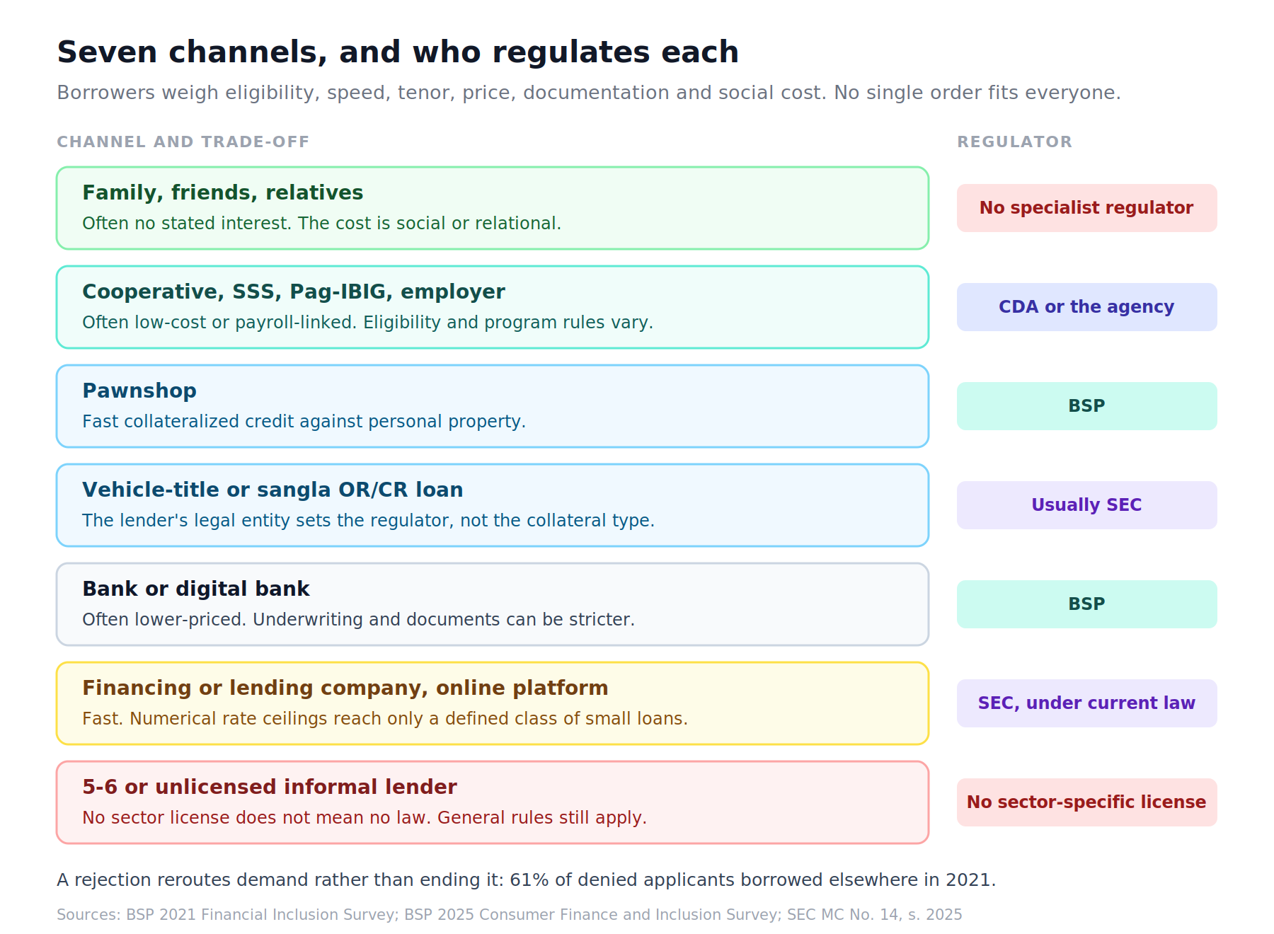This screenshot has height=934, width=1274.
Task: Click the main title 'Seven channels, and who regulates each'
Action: [398, 52]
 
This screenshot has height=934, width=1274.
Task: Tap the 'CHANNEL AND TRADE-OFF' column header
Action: [183, 142]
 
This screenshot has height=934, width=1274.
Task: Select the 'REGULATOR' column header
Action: [1014, 142]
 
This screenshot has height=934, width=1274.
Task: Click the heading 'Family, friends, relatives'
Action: [222, 193]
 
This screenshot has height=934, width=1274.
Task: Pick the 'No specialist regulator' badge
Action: [1086, 208]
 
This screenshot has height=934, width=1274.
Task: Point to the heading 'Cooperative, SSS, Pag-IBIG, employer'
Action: [294, 292]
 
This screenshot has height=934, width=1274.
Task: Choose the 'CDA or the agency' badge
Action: [1086, 307]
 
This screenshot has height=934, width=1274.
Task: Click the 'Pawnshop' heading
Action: [139, 391]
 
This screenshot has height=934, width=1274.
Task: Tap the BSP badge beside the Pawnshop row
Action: [1086, 406]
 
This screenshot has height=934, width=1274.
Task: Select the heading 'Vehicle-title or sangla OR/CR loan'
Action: [272, 490]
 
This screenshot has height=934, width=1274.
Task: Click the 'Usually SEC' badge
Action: [1086, 505]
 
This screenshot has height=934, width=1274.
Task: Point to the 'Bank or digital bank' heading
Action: [196, 589]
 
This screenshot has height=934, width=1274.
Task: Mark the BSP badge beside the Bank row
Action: [1086, 604]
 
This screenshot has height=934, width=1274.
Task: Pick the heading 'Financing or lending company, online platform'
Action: [345, 688]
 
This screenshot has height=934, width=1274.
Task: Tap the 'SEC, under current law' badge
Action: [1086, 703]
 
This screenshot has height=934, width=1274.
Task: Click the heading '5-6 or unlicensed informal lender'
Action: [270, 787]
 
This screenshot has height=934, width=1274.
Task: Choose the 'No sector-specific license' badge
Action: [1086, 802]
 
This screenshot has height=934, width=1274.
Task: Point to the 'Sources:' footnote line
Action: [510, 915]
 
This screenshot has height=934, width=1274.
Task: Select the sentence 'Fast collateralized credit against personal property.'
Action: [304, 422]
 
